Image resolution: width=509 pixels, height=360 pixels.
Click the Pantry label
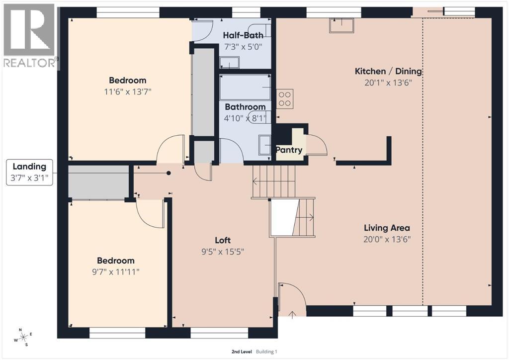click(289, 150)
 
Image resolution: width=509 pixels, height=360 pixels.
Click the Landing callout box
click(29, 173)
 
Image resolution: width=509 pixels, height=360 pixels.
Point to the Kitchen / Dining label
click(388, 71)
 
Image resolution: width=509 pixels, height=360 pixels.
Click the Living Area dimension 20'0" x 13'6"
click(387, 239)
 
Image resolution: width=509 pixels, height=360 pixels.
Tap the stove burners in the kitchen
click(285, 98)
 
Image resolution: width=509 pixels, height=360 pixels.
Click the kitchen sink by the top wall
click(341, 25)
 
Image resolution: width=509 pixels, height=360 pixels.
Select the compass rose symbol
click(23, 337)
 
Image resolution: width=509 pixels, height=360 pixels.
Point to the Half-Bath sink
click(229, 63)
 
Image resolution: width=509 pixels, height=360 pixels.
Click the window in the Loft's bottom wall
click(219, 333)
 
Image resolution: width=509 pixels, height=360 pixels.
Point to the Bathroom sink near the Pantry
click(264, 145)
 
